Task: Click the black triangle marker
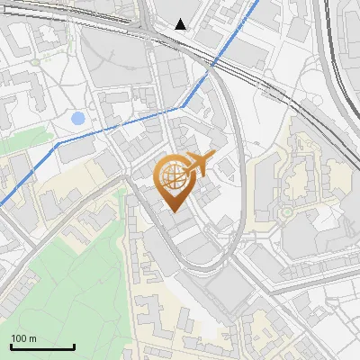click(x=181, y=23)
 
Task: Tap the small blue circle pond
click(x=77, y=118)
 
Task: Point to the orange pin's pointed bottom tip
click(x=173, y=211)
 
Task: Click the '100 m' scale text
click(x=23, y=338)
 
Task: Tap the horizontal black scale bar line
click(x=42, y=346)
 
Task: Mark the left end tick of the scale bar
click(x=11, y=345)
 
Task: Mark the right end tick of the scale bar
click(x=74, y=345)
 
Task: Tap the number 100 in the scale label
click(x=19, y=338)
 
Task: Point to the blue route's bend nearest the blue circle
click(x=59, y=142)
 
